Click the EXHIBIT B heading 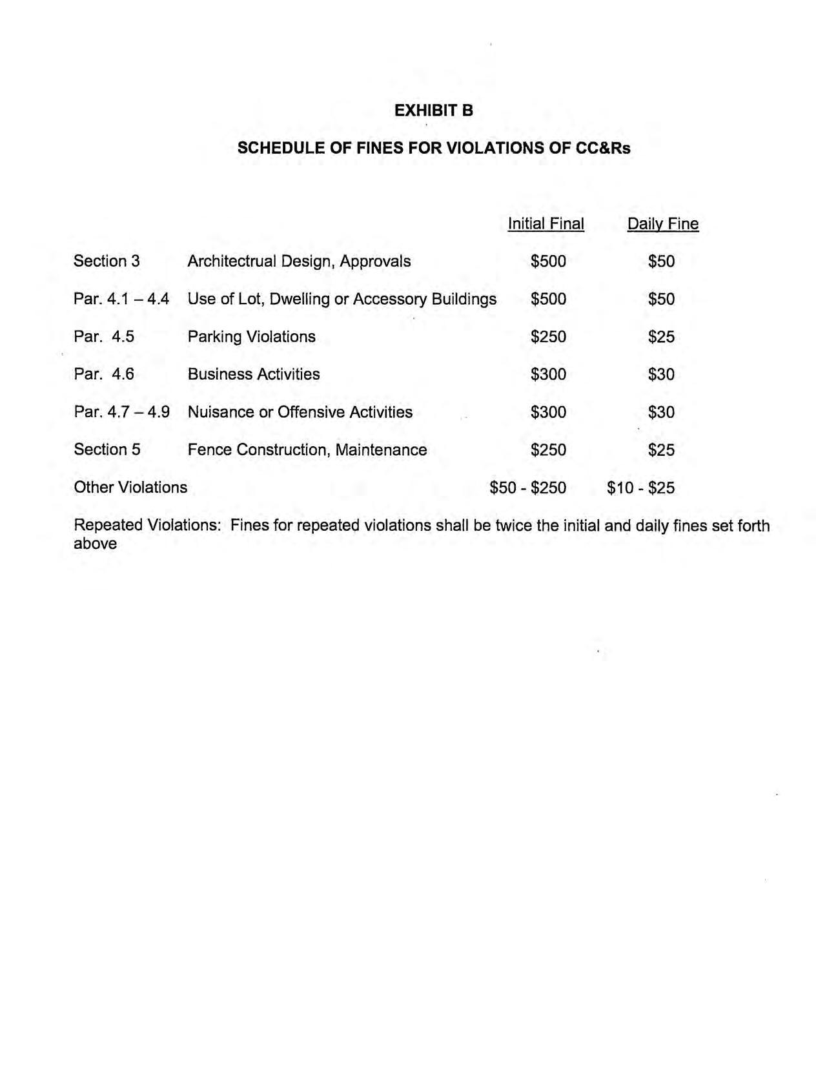pyautogui.click(x=433, y=110)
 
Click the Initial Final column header pyautogui.click(x=546, y=224)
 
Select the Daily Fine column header pyautogui.click(x=662, y=224)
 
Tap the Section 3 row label pyautogui.click(x=107, y=261)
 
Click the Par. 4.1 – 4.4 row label pyautogui.click(x=121, y=299)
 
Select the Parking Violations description pyautogui.click(x=251, y=336)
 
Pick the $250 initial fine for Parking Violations pyautogui.click(x=548, y=336)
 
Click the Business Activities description pyautogui.click(x=254, y=374)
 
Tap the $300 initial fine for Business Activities pyautogui.click(x=548, y=374)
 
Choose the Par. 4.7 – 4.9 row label pyautogui.click(x=121, y=412)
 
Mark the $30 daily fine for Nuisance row pyautogui.click(x=661, y=412)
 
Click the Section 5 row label pyautogui.click(x=107, y=449)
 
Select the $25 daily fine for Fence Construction pyautogui.click(x=661, y=449)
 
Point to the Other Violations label pyautogui.click(x=130, y=487)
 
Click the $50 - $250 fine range pyautogui.click(x=527, y=487)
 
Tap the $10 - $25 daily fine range pyautogui.click(x=640, y=487)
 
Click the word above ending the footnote pyautogui.click(x=95, y=544)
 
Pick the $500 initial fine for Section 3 pyautogui.click(x=548, y=261)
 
